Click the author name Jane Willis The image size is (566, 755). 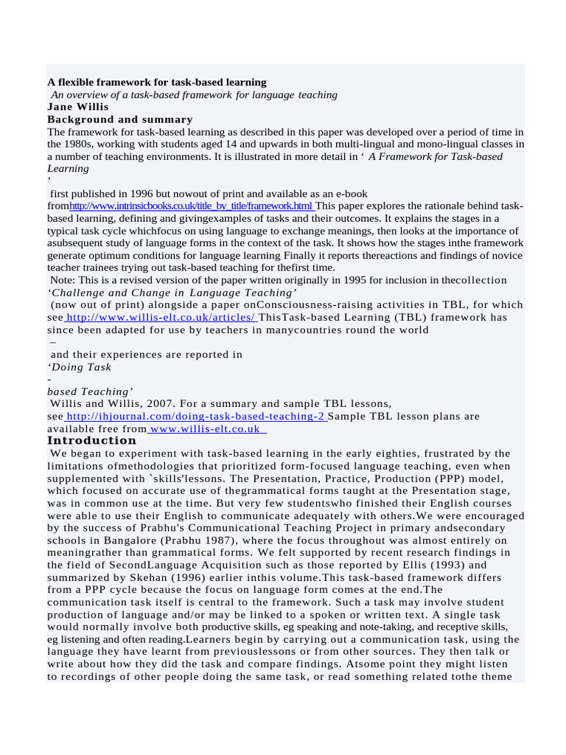(77, 107)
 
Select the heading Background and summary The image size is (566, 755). (119, 119)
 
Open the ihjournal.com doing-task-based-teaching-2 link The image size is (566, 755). (195, 416)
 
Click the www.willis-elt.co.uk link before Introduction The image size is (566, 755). (206, 428)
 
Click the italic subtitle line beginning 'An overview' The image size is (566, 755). (194, 94)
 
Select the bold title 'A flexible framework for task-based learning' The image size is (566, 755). (157, 82)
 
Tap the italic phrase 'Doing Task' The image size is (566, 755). (80, 366)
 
